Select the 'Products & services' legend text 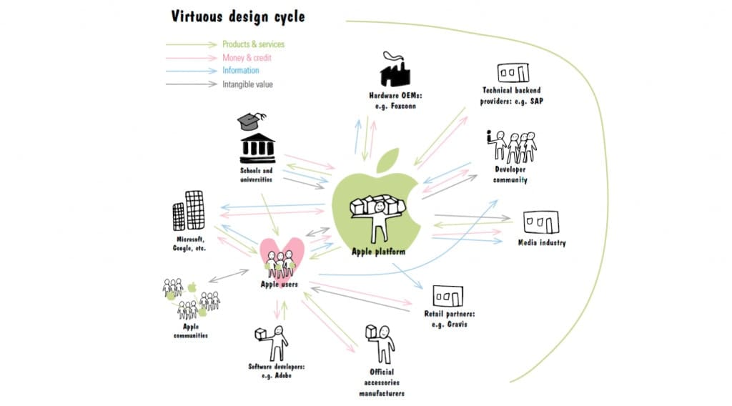254,44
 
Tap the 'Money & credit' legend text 247,57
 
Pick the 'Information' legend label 241,71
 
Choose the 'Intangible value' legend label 247,84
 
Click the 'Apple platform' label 378,252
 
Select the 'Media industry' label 542,243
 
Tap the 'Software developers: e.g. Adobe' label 277,371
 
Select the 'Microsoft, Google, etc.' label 189,243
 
